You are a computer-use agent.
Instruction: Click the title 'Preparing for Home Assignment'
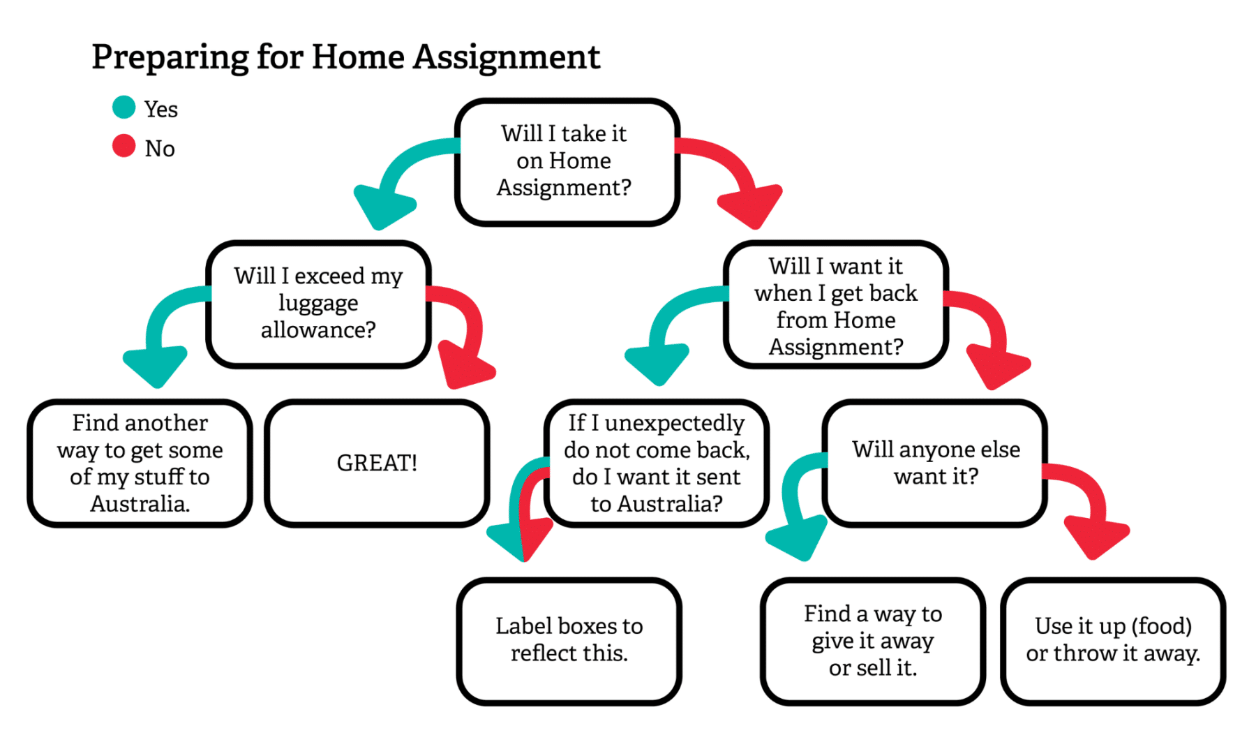[345, 57]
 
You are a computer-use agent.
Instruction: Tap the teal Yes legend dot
[124, 107]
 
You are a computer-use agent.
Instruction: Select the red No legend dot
[124, 146]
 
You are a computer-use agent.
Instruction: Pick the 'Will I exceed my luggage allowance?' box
[318, 304]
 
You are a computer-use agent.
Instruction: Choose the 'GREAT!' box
[377, 463]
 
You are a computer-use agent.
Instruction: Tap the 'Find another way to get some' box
[140, 463]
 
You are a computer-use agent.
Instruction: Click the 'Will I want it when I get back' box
[835, 306]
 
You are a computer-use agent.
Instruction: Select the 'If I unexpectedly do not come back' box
[657, 463]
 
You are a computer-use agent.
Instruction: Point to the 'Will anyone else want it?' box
[935, 463]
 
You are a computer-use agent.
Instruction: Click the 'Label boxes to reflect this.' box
[569, 639]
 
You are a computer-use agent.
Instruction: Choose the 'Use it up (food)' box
[1113, 639]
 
